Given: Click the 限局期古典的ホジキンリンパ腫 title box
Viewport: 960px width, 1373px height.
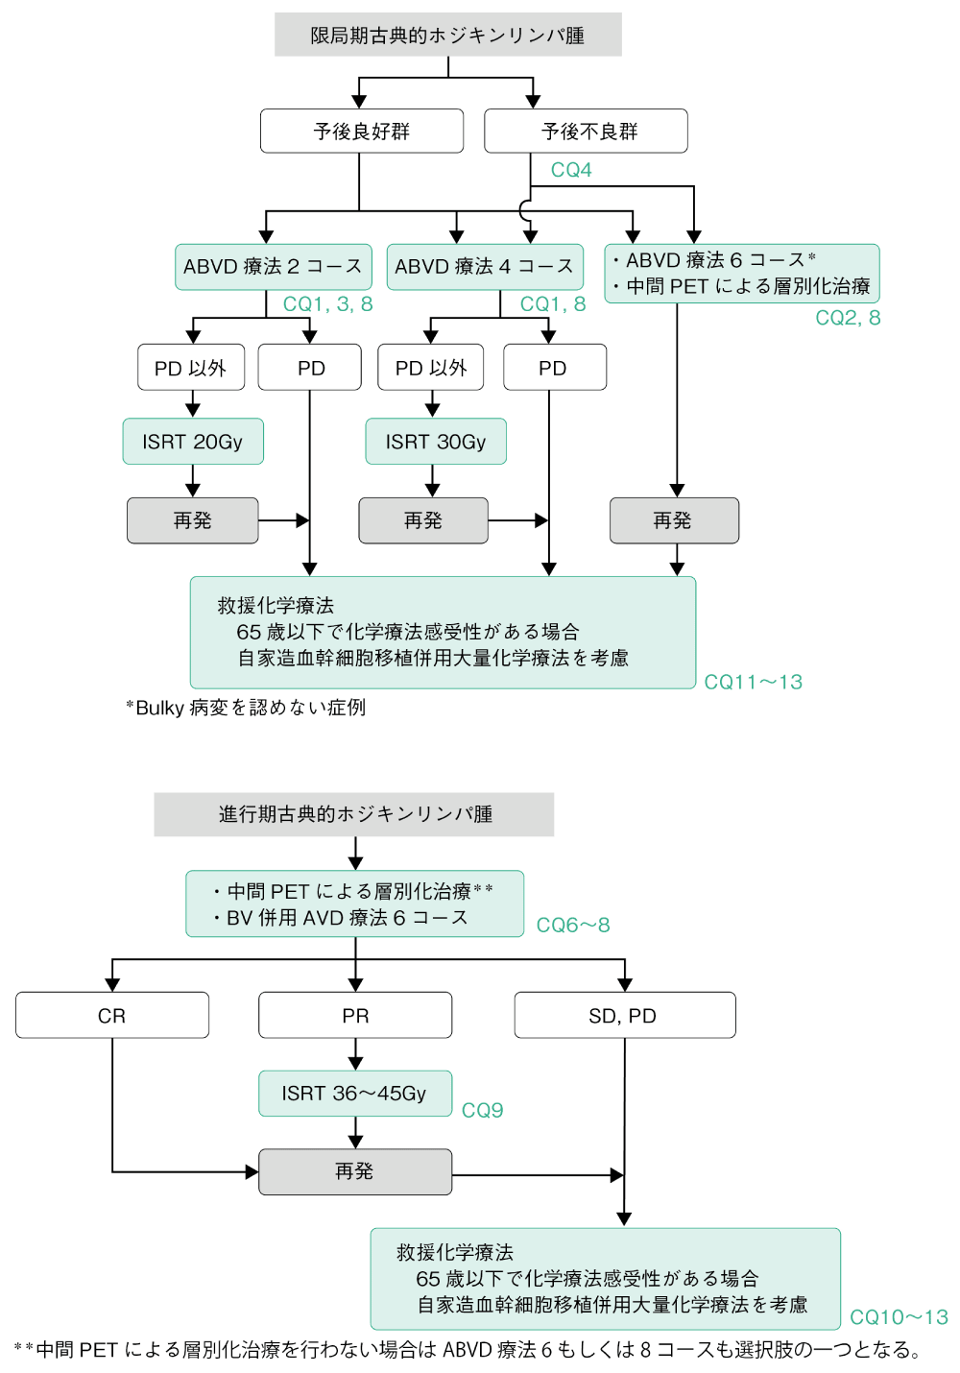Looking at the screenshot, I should tap(447, 35).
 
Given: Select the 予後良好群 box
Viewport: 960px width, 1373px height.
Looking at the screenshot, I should tap(361, 131).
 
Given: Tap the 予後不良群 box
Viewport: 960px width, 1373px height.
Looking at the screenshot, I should tap(586, 131).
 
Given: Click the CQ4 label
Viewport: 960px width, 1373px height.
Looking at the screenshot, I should tap(571, 170).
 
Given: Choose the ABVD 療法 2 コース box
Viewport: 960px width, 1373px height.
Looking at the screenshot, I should tap(273, 267).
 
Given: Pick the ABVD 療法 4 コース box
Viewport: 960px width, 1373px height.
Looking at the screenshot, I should tap(484, 267).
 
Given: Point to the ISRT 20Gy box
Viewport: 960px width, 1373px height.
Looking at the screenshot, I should tap(193, 442).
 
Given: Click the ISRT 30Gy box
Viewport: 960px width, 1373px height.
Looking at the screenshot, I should tap(436, 442).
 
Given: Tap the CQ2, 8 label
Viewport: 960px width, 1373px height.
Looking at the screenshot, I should tap(848, 318).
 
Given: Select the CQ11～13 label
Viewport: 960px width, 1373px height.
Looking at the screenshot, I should tap(754, 682).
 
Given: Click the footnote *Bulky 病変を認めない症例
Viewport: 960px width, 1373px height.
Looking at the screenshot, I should tap(246, 708).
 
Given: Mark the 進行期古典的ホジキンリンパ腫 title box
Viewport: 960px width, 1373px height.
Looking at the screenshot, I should tap(354, 814).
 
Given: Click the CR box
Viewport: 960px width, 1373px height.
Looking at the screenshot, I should tap(112, 1016).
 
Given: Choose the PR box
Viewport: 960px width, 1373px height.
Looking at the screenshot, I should tap(355, 1016).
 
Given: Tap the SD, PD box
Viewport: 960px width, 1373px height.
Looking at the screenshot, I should tap(624, 1016).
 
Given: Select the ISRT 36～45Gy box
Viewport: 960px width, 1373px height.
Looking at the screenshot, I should tap(354, 1094).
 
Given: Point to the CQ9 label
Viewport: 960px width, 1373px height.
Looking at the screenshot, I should tap(482, 1111).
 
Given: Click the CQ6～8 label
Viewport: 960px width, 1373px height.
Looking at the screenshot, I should tap(573, 926).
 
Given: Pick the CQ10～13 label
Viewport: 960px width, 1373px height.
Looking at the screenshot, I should tap(899, 1317).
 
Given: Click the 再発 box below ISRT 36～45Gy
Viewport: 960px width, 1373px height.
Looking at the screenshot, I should tap(354, 1172).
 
